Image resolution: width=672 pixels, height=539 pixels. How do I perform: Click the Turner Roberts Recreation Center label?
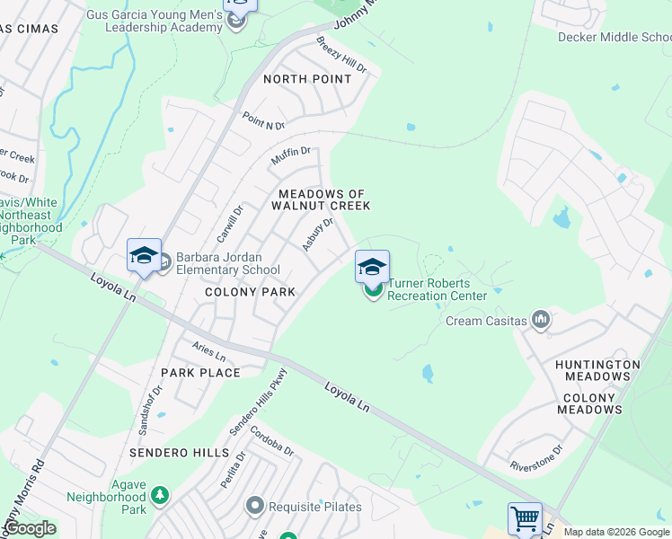437,289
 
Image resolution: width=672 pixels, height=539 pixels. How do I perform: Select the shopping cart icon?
525,518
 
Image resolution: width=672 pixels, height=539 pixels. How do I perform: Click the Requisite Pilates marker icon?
256,507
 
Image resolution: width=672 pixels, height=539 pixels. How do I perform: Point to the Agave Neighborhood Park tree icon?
159,495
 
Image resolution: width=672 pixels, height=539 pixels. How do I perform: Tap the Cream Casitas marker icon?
540,319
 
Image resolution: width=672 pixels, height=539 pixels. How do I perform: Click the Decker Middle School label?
615,37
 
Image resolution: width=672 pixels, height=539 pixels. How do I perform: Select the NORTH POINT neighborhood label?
307,79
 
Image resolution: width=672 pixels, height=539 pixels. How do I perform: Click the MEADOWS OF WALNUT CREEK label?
324,199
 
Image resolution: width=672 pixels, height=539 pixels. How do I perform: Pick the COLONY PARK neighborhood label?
251,292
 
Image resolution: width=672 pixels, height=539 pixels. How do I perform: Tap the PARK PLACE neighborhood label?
200,373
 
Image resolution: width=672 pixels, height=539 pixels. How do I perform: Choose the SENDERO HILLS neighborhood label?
178,453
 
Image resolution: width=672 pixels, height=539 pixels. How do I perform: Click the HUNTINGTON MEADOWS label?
611,371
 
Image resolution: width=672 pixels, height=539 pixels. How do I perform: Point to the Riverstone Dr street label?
535,456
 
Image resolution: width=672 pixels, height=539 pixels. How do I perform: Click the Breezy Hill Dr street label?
341,55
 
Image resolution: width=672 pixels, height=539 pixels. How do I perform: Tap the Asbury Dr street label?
318,233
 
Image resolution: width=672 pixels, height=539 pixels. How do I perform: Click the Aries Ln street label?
208,351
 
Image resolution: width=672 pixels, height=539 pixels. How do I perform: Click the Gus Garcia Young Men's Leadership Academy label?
155,21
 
